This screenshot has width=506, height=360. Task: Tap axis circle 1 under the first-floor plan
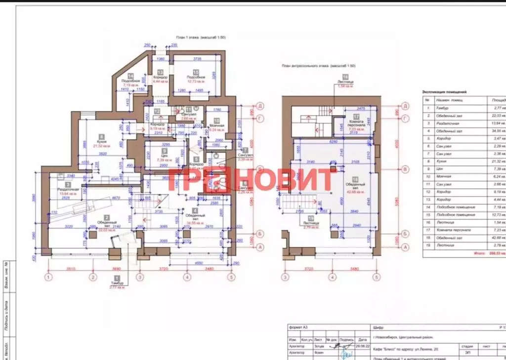pyautogui.click(x=48, y=277)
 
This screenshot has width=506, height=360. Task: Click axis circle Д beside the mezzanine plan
pyautogui.click(x=406, y=106)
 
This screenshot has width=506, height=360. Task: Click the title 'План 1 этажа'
pyautogui.click(x=201, y=38)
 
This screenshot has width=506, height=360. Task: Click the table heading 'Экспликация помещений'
pyautogui.click(x=444, y=91)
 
